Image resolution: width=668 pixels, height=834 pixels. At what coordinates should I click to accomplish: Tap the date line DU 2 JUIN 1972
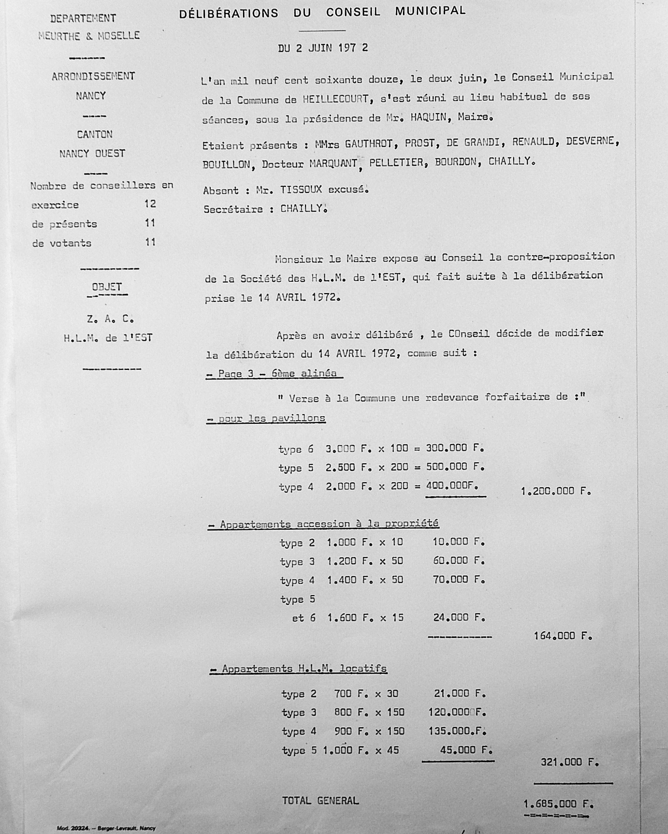(323, 48)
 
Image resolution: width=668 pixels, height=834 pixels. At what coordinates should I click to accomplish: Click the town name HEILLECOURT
(335, 99)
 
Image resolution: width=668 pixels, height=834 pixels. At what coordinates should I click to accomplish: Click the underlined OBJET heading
(107, 287)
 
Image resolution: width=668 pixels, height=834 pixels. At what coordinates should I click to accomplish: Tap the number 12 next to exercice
(150, 204)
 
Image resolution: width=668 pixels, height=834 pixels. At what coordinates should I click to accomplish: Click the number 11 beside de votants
(150, 242)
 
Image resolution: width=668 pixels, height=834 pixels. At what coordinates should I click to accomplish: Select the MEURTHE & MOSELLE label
(89, 35)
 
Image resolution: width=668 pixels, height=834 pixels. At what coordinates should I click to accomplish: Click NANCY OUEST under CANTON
(92, 153)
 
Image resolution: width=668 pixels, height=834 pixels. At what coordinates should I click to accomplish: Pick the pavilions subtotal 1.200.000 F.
(556, 491)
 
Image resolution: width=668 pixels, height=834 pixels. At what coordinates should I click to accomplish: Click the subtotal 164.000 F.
(562, 636)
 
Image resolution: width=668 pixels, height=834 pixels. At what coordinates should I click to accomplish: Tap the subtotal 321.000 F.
(569, 762)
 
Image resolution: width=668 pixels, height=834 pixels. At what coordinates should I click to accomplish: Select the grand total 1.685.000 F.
(558, 804)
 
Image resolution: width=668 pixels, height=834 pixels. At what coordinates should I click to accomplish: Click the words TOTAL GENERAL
(320, 801)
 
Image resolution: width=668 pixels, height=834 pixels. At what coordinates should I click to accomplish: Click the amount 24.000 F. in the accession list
(459, 617)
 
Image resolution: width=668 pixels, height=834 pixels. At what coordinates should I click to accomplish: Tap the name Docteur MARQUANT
(309, 163)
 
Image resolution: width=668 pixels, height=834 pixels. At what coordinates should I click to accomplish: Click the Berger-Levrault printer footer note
(106, 828)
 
